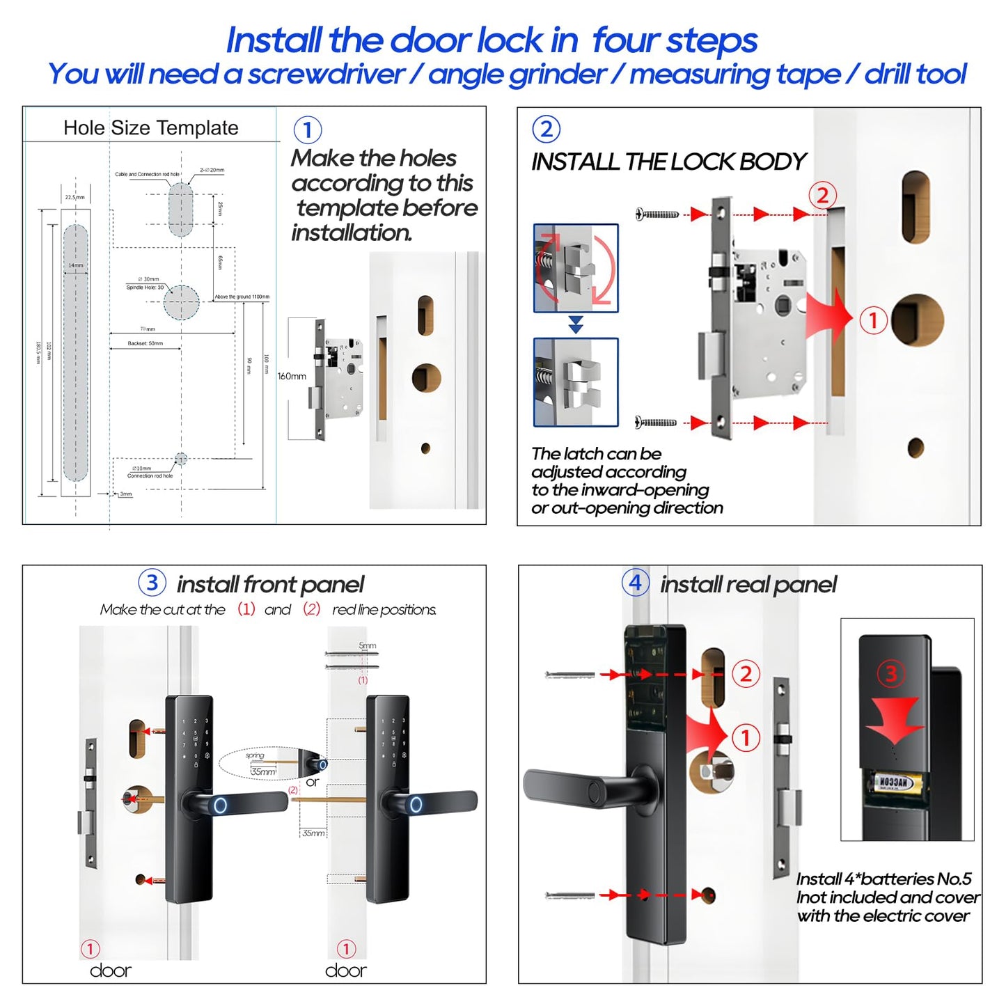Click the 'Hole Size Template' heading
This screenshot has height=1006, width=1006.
click(x=150, y=128)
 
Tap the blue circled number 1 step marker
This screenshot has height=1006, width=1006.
click(x=308, y=130)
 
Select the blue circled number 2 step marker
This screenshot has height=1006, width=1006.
click(x=547, y=129)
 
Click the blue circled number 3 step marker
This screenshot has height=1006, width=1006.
click(x=152, y=583)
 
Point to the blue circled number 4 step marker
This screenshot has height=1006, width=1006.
click(x=635, y=583)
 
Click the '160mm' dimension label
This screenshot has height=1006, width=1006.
click(x=292, y=376)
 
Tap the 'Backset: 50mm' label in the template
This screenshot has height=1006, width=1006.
click(x=146, y=343)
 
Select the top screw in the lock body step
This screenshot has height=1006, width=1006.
click(x=657, y=214)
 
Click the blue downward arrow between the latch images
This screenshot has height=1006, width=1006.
click(x=576, y=324)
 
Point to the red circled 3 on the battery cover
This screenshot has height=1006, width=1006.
click(x=890, y=673)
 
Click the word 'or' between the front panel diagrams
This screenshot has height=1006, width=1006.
click(x=313, y=782)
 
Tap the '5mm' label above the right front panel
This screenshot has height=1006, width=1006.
click(x=367, y=645)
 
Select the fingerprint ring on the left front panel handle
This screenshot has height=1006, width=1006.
click(x=220, y=806)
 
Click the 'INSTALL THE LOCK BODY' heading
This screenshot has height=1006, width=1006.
click(x=668, y=162)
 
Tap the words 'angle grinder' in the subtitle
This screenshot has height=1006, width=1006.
click(x=517, y=74)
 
